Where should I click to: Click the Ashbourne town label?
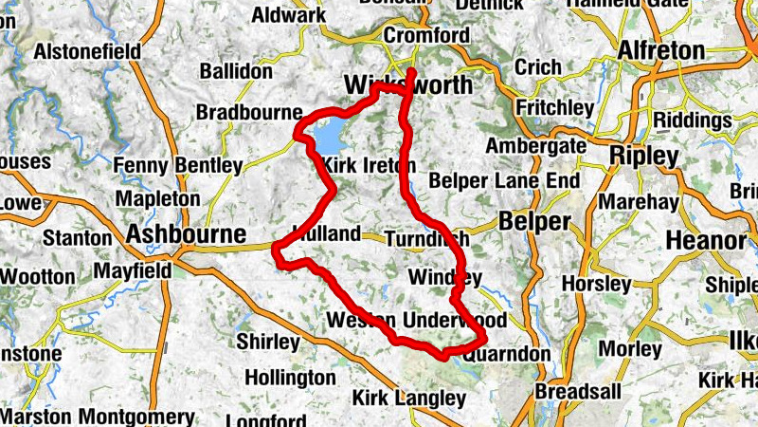click(x=187, y=233)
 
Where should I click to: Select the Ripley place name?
click(x=645, y=155)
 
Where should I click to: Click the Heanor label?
click(x=706, y=241)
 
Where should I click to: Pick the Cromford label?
click(x=426, y=36)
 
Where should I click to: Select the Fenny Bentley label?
click(x=177, y=166)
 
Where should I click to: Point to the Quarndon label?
click(x=508, y=353)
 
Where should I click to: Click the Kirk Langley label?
click(x=409, y=398)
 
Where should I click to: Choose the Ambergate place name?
click(x=535, y=146)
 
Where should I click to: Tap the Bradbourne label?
click(x=248, y=112)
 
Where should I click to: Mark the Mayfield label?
click(x=133, y=271)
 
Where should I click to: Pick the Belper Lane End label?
click(x=504, y=180)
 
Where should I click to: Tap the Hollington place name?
click(x=290, y=378)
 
